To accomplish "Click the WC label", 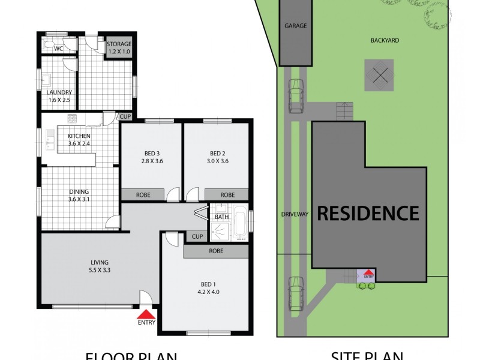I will tap(59, 48).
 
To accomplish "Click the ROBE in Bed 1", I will tap(216, 251).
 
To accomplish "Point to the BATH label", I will tap(221, 217).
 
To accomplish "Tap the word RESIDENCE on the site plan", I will tap(368, 213).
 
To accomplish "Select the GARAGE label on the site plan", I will tap(295, 26).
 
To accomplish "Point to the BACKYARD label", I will tap(385, 41).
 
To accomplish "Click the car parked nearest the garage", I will tap(295, 96).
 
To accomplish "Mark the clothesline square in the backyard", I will tap(379, 75).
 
